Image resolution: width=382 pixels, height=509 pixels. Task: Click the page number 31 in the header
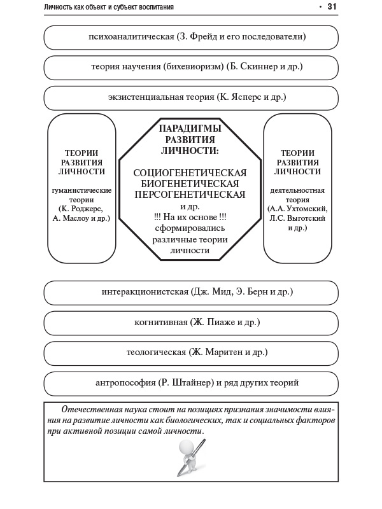[332, 6]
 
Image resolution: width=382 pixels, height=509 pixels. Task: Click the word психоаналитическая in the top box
[132, 37]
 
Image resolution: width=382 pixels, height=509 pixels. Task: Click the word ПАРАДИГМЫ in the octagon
[190, 129]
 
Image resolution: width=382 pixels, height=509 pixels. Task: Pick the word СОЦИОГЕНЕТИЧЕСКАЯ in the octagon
[190, 172]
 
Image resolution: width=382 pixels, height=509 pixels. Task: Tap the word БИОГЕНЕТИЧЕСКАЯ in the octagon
[190, 184]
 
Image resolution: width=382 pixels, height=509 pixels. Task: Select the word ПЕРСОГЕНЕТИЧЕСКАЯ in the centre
[190, 195]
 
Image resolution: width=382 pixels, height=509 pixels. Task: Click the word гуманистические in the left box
[81, 190]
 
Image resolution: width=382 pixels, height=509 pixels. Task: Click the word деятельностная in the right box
[298, 190]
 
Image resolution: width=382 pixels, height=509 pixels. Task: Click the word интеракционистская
[145, 292]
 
